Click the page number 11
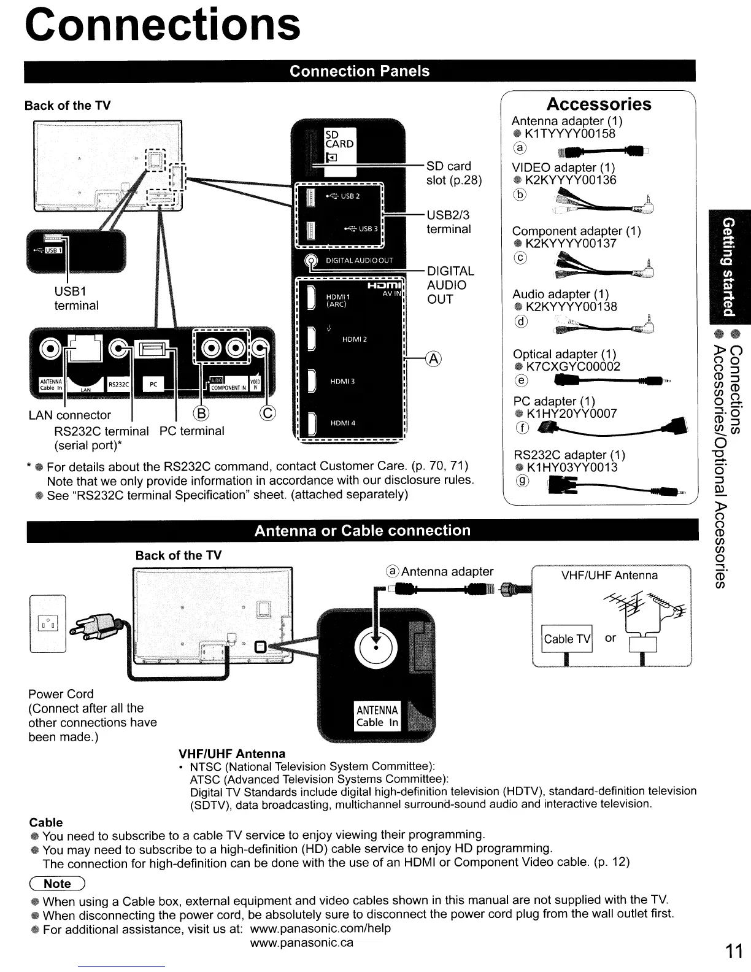734,951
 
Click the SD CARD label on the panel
339,139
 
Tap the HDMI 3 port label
342,382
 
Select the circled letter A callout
434,359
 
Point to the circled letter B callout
201,412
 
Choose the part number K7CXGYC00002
573,366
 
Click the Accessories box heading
598,104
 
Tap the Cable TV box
567,639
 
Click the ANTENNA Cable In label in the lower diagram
377,715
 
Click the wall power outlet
47,624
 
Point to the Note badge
57,884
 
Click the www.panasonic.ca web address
301,943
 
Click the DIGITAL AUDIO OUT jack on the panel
312,261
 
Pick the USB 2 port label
350,196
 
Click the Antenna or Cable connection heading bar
362,531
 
